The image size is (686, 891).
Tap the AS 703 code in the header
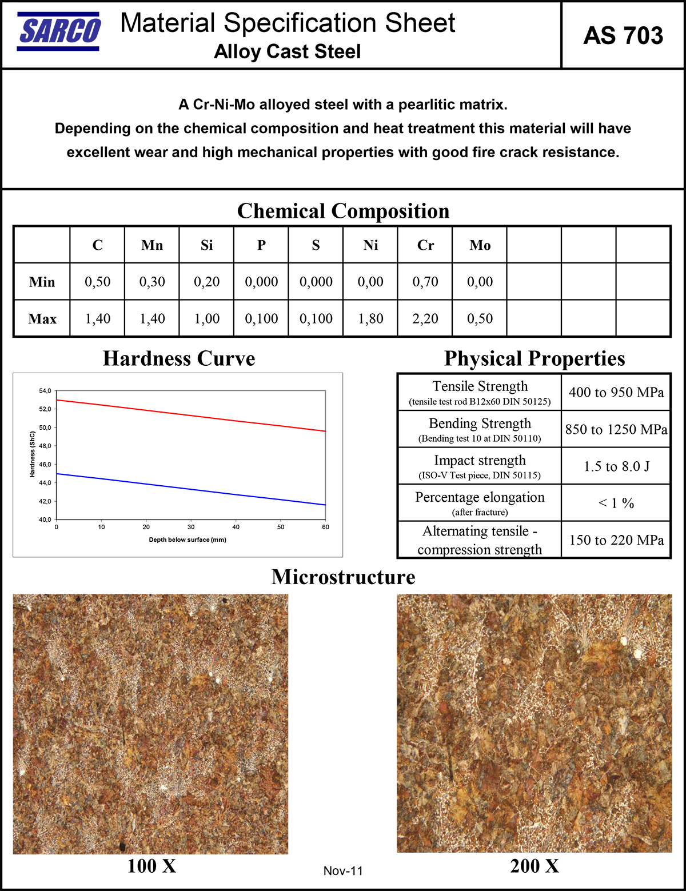[x=623, y=35]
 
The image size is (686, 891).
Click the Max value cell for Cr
[x=425, y=318]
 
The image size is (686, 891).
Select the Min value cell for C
[x=97, y=282]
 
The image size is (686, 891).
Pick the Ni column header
[x=370, y=245]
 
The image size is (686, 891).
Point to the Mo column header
[x=480, y=245]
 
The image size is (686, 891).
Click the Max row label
[x=42, y=318]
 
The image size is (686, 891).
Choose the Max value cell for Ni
[x=370, y=318]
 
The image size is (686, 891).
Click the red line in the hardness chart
[x=191, y=415]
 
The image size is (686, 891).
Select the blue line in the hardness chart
[x=191, y=489]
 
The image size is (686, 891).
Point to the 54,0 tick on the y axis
[x=45, y=391]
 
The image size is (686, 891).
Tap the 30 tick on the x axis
[x=191, y=527]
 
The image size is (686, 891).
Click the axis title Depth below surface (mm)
[x=188, y=540]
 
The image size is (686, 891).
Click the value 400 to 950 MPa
[x=616, y=392]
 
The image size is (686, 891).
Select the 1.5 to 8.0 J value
[x=616, y=466]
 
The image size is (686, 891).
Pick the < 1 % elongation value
[x=616, y=503]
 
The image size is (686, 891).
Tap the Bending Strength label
[x=480, y=423]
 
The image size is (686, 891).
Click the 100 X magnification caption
[x=151, y=866]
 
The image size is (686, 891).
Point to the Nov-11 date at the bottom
[x=343, y=871]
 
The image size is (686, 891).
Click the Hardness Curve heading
[x=179, y=358]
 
